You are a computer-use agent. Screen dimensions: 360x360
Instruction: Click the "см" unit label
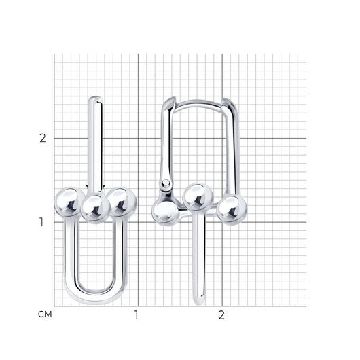tap(45, 314)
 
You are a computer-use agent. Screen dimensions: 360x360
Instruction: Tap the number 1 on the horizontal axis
tap(137, 315)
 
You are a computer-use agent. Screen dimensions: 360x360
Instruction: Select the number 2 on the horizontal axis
tap(221, 315)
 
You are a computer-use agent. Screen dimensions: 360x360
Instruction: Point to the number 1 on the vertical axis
tap(41, 222)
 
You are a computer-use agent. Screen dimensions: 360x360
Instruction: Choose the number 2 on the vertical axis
tap(43, 138)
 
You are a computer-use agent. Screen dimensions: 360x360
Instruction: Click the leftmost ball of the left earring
tap(69, 202)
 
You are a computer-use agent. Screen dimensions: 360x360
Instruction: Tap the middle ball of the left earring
tap(95, 208)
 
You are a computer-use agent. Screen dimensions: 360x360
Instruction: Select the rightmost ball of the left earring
tap(122, 202)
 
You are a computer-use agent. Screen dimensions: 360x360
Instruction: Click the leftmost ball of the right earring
tap(165, 212)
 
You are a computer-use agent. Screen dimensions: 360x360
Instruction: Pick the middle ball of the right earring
tap(198, 197)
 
